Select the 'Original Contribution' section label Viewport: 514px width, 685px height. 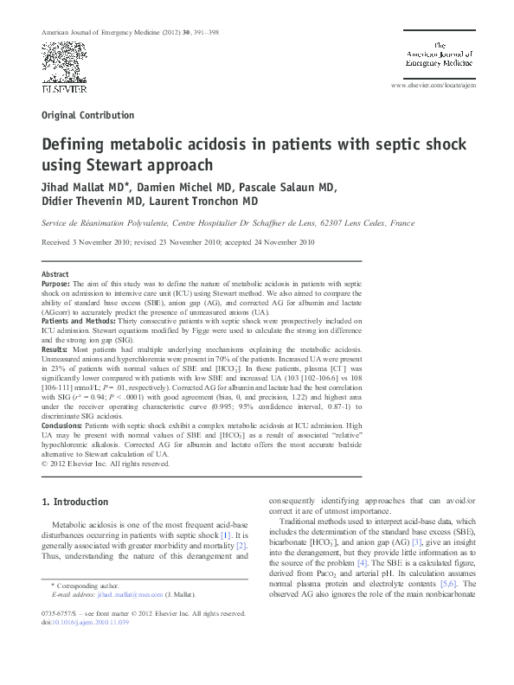point(87,115)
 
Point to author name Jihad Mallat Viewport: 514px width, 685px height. point(74,188)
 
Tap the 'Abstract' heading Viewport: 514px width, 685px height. point(55,273)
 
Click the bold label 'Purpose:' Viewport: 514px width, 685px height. point(59,283)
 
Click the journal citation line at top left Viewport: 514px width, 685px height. point(123,32)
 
